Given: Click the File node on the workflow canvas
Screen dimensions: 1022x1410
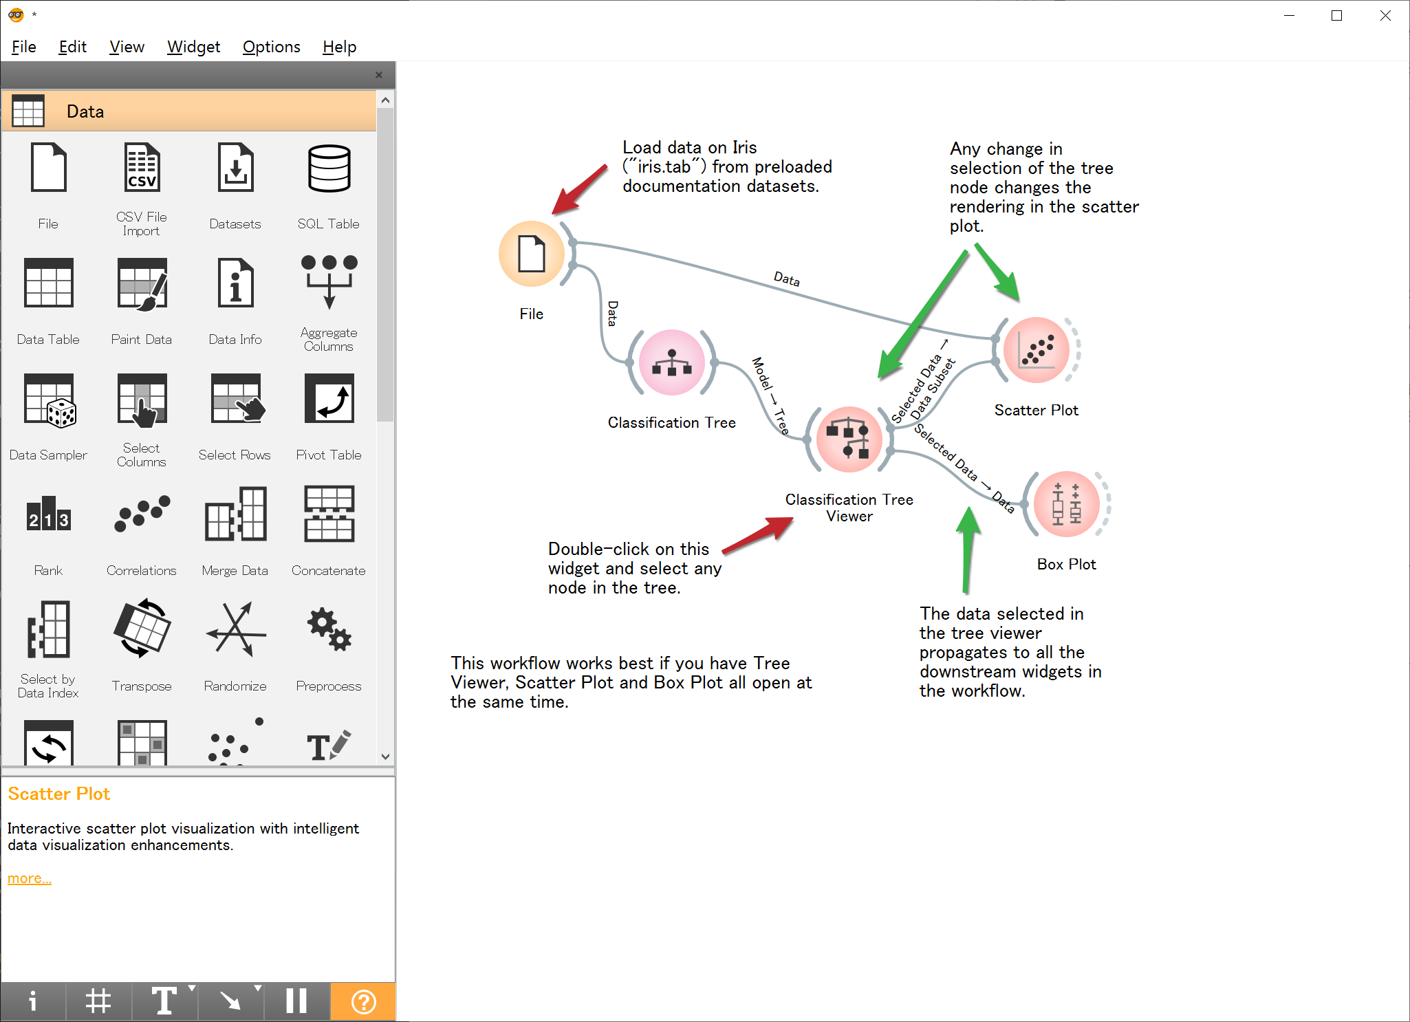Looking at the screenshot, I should [531, 254].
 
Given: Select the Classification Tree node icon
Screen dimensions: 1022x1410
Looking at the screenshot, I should [672, 362].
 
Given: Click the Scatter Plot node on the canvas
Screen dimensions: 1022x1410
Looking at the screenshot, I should [1037, 350].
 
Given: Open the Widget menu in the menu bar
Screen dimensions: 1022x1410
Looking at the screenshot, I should [193, 47].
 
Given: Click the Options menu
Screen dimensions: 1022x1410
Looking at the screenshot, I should [271, 47].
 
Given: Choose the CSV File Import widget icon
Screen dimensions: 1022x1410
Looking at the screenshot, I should [142, 168].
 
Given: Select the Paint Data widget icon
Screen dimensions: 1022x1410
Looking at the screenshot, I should [142, 283].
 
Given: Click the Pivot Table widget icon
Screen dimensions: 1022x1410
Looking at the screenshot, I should [329, 399].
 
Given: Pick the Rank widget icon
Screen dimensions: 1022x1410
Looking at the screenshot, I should [48, 514].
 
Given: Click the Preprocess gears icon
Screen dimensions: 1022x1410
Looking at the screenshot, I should [329, 630].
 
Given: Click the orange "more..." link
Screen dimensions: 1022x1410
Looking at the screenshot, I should [29, 878].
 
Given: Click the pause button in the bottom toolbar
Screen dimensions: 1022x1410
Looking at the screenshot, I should [296, 1001].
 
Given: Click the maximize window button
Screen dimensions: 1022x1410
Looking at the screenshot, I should [1336, 16].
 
